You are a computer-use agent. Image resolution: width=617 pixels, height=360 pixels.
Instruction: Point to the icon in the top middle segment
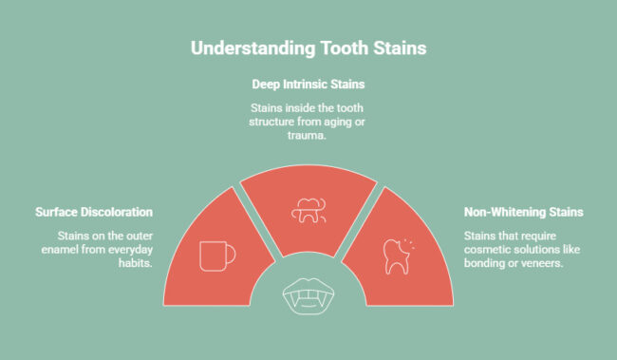308,210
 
